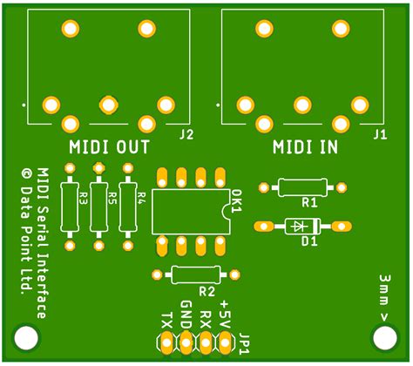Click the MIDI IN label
click(304, 146)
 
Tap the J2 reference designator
click(186, 134)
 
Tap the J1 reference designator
click(379, 134)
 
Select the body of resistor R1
click(302, 186)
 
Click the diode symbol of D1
click(301, 225)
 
